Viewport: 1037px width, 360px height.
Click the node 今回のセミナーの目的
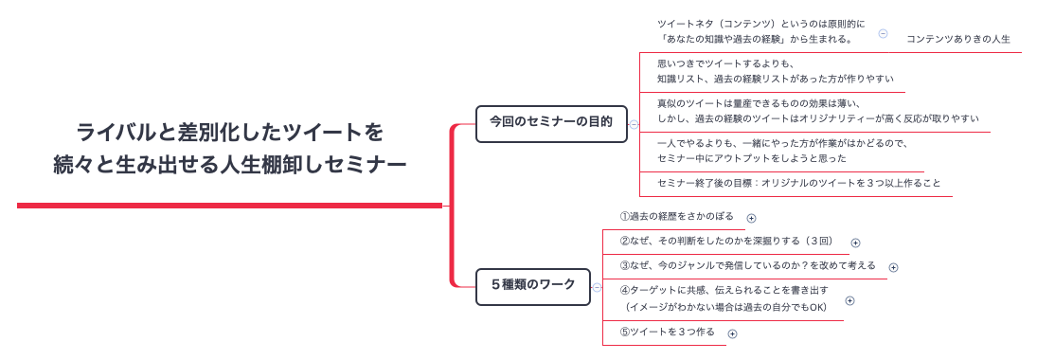[550, 122]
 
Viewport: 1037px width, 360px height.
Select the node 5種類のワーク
[532, 284]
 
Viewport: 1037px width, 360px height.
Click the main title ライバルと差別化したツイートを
[230, 132]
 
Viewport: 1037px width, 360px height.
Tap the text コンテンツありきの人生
[958, 40]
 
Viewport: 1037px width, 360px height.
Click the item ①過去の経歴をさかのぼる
[676, 217]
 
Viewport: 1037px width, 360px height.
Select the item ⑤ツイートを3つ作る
[667, 333]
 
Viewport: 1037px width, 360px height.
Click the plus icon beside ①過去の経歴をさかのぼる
[751, 218]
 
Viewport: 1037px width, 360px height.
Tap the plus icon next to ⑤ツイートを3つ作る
[732, 333]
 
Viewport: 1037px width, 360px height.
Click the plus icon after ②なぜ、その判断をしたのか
[855, 243]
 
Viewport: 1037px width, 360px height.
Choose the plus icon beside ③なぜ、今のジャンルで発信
[893, 267]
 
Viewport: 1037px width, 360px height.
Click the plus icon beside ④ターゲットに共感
[849, 300]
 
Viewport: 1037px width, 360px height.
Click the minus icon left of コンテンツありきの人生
[883, 33]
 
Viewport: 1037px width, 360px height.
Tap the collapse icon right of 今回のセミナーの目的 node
[634, 123]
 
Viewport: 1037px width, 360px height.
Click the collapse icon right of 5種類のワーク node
[596, 285]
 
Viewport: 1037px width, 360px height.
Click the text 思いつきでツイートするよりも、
[725, 64]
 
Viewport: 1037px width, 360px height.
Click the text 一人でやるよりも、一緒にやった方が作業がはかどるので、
[782, 144]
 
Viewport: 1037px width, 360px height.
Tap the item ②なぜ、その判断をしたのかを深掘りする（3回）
[725, 241]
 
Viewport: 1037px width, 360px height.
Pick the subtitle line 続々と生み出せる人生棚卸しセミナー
[230, 165]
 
